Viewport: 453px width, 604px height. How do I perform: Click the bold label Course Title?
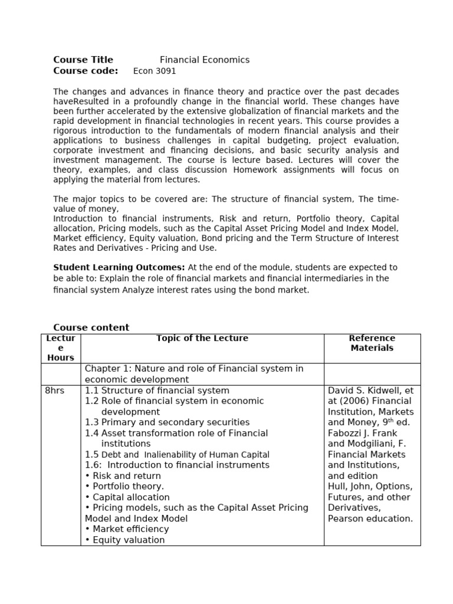click(83, 60)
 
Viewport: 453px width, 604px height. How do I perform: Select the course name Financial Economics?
click(205, 60)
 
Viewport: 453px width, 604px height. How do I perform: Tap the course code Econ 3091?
click(150, 71)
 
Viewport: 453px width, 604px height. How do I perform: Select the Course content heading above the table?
click(91, 327)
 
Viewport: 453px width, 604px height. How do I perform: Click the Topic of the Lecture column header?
click(202, 339)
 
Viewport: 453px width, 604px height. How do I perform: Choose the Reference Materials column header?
click(372, 343)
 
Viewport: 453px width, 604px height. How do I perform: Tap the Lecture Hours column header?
click(61, 348)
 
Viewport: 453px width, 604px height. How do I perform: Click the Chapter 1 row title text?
click(194, 374)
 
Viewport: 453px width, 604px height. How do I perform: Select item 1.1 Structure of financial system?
click(157, 390)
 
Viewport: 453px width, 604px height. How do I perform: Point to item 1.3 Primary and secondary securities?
click(167, 422)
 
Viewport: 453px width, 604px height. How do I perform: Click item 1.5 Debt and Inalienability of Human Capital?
click(177, 455)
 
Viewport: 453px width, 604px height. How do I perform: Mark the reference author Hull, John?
click(353, 487)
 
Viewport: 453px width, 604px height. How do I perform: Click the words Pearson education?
click(370, 518)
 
